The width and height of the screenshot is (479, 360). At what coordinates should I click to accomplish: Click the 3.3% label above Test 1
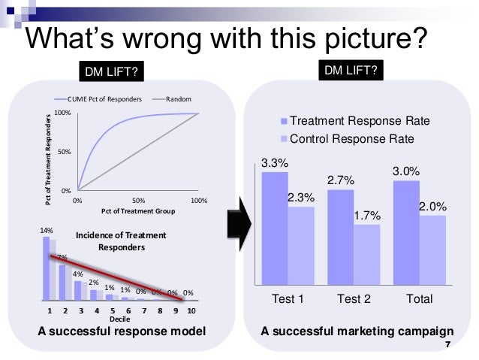274,162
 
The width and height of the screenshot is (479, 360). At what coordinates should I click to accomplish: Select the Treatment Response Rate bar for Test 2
340,237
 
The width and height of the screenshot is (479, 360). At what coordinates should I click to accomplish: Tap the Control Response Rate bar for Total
432,250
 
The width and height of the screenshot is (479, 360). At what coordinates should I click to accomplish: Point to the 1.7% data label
367,216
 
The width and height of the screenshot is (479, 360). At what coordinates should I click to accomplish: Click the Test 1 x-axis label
288,299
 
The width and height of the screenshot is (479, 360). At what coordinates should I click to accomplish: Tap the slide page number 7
448,346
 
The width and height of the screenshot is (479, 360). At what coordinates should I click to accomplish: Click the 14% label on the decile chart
47,228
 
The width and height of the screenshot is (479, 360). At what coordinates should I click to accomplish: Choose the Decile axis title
119,319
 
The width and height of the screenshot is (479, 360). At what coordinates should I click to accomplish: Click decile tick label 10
191,310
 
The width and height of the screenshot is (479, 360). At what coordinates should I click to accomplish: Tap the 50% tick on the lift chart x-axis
139,201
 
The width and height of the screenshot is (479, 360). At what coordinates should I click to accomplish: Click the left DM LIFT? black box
110,72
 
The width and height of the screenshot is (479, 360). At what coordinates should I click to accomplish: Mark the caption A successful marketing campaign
357,331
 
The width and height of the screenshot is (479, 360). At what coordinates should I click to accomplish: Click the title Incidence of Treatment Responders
121,241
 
